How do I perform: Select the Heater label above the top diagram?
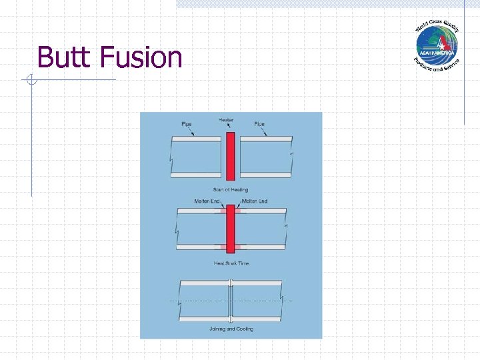click(x=226, y=120)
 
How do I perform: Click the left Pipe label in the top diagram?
click(x=187, y=124)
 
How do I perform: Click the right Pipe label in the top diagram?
click(x=259, y=124)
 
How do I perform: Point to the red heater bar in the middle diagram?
click(x=231, y=229)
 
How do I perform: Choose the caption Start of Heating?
click(x=231, y=190)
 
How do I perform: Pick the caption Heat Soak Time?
click(x=231, y=263)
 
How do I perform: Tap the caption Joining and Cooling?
click(x=231, y=329)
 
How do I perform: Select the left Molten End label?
click(x=207, y=201)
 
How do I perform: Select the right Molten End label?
click(x=254, y=201)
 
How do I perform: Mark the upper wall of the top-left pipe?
click(x=196, y=139)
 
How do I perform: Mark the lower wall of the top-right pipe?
click(x=265, y=175)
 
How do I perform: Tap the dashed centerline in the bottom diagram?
click(x=200, y=301)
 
